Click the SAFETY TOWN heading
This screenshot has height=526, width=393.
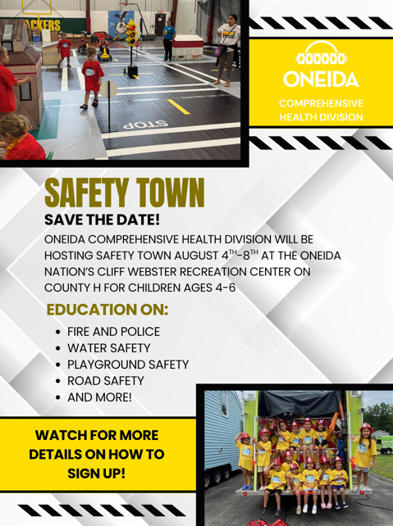tap(125, 193)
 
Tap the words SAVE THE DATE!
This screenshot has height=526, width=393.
tap(102, 220)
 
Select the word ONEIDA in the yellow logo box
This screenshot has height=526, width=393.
tap(321, 79)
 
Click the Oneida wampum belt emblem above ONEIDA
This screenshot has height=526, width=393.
tap(321, 53)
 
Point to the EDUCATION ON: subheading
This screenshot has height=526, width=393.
tap(107, 310)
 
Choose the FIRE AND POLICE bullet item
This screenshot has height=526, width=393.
tap(113, 332)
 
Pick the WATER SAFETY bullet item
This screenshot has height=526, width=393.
tap(109, 348)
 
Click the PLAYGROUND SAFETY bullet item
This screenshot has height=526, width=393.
tap(128, 365)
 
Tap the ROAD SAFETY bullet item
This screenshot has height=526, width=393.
tap(106, 381)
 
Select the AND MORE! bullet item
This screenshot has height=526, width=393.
tap(99, 397)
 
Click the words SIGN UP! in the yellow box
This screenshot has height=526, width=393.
tap(96, 474)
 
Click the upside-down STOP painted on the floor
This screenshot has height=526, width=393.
tap(146, 124)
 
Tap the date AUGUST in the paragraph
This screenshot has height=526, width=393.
tap(196, 256)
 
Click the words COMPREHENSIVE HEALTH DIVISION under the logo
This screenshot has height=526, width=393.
tap(321, 110)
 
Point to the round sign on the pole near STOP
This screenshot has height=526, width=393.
tap(109, 89)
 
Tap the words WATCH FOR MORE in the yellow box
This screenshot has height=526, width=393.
tap(97, 435)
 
